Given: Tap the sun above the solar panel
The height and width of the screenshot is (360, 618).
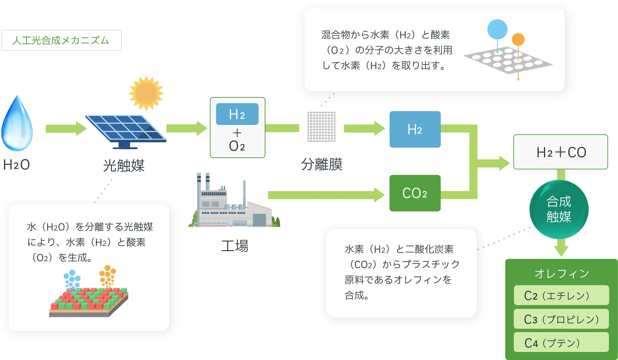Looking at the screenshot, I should point(146,93).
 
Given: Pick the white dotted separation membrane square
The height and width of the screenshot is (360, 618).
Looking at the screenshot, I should point(322,127).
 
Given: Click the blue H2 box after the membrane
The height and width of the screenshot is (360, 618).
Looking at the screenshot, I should point(414,129).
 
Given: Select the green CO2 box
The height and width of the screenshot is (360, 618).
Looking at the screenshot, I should point(414,193).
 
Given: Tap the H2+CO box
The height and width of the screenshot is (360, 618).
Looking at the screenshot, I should point(560,152).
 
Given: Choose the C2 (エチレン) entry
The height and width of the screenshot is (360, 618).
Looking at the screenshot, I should point(561,295).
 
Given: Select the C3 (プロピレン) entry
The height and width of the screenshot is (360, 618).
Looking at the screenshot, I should point(561,319).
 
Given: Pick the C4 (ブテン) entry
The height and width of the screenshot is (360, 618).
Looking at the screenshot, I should point(561,343).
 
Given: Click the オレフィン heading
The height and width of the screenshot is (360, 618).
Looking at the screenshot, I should point(562,273).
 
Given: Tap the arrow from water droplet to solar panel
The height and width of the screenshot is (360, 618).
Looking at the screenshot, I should point(65,128).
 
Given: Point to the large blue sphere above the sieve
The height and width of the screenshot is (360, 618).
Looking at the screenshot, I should point(497,29).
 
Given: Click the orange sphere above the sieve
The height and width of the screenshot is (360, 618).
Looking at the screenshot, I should point(518,40).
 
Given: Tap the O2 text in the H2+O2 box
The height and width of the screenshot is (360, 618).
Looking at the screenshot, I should point(237,146).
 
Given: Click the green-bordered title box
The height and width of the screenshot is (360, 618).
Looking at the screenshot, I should point(61,40).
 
